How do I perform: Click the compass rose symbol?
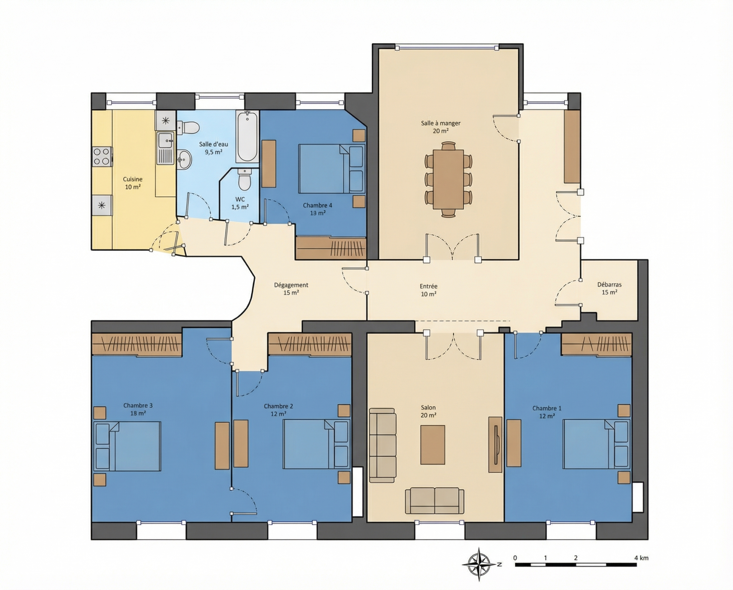tap(480, 564)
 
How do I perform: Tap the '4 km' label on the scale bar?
tap(641, 558)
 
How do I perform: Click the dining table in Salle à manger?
tap(448, 179)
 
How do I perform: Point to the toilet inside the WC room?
tap(245, 179)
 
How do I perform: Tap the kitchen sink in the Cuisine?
tap(166, 148)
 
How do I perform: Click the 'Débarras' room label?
tap(609, 285)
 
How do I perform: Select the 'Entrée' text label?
tap(428, 286)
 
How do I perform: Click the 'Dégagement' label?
tap(291, 285)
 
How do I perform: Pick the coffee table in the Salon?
tap(433, 445)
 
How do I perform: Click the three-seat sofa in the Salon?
tap(383, 445)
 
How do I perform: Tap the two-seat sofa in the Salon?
tap(435, 501)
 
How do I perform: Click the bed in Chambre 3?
tap(127, 446)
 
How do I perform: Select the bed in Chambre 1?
tap(596, 444)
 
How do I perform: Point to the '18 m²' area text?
tap(138, 413)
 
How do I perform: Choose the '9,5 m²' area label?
tap(214, 152)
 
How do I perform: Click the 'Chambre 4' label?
tap(317, 205)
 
